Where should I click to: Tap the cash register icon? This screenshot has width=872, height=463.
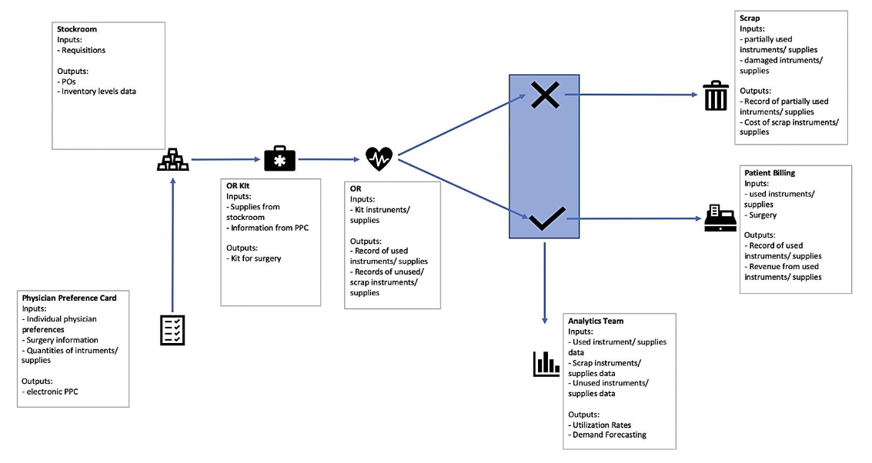(718, 218)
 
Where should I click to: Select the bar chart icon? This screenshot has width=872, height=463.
(545, 364)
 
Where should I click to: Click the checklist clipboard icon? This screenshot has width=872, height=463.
(171, 329)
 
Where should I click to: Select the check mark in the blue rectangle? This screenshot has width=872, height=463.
(546, 218)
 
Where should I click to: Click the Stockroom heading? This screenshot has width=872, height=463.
(75, 29)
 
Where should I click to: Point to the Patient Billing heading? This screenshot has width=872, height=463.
(770, 173)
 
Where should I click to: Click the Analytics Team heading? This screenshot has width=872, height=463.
(595, 321)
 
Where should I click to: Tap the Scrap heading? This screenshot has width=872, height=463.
(750, 18)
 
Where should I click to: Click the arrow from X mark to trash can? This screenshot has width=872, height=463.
(631, 95)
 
